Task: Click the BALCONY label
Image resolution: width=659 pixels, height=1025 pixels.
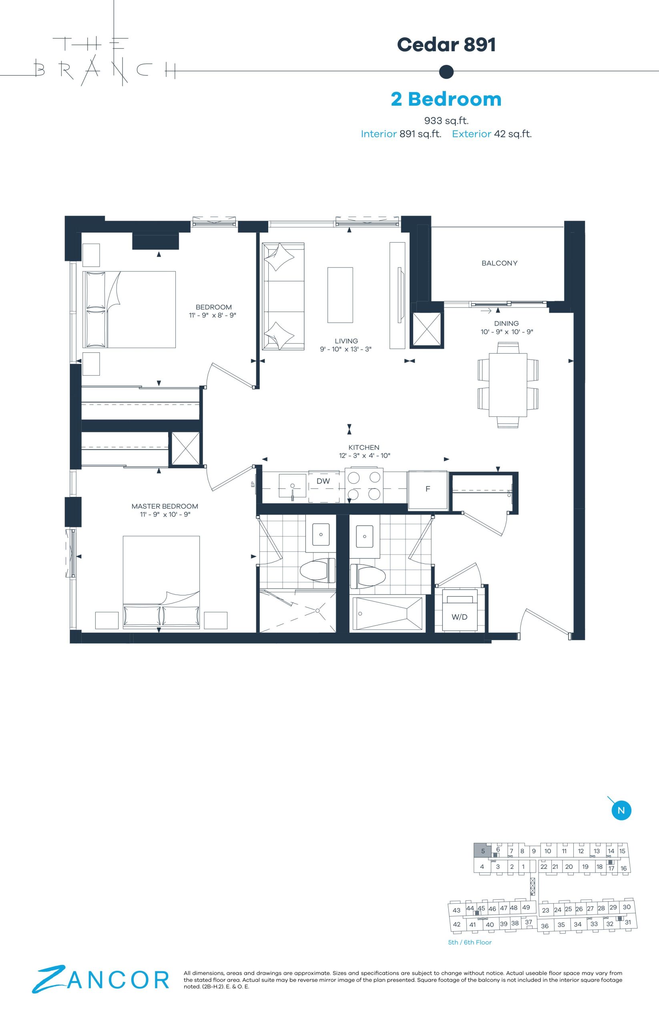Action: click(499, 263)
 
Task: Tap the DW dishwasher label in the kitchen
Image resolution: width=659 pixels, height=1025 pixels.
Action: click(323, 481)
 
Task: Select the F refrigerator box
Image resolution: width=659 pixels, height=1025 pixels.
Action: click(428, 490)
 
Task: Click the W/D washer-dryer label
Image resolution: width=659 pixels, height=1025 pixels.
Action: click(459, 617)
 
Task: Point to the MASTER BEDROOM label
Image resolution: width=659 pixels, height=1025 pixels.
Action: click(165, 506)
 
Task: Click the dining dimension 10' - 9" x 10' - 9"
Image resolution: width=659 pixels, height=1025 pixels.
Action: click(506, 332)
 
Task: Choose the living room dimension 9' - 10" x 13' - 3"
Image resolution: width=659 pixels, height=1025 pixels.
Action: click(346, 349)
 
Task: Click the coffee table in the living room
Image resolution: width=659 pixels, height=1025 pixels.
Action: click(340, 295)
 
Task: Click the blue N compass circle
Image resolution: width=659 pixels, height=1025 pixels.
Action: click(621, 810)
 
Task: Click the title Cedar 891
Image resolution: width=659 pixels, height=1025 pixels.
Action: click(446, 44)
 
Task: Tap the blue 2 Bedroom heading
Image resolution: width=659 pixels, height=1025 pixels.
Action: click(446, 99)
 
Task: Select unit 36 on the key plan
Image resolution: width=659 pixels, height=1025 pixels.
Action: click(545, 926)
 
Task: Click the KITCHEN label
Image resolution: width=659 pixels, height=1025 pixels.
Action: click(364, 448)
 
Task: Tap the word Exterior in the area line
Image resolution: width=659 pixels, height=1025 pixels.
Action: click(472, 134)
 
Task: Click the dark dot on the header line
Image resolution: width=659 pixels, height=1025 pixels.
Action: click(446, 72)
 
